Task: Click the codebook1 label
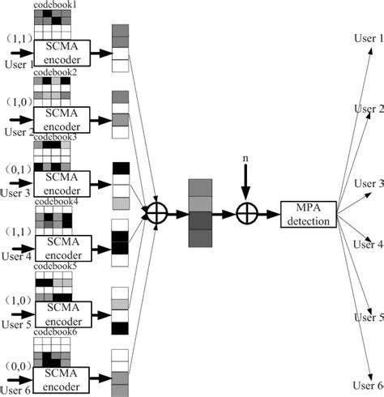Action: point(55,5)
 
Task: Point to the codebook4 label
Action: point(55,201)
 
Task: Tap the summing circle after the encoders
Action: point(154,213)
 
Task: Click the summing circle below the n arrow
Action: point(245,213)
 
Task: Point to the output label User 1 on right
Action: point(369,39)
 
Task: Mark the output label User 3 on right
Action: point(369,184)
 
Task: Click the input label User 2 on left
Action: point(18,132)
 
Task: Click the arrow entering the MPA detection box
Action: point(268,213)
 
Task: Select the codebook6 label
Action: point(55,331)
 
